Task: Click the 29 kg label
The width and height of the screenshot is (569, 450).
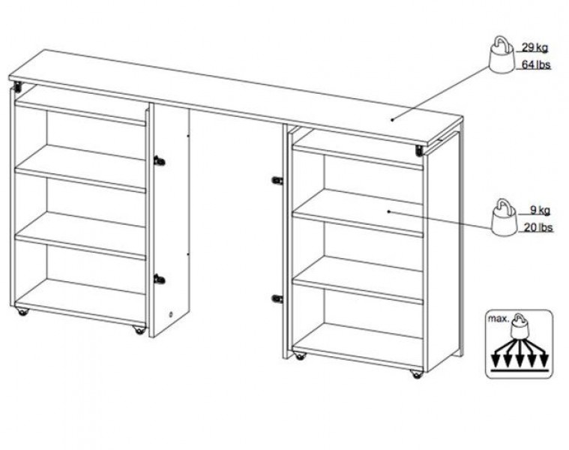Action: [x=535, y=47]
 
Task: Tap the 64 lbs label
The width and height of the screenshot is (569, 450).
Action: [x=536, y=65]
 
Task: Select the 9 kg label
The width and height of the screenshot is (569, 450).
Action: [x=540, y=210]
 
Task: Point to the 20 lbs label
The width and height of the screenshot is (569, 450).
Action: [x=538, y=227]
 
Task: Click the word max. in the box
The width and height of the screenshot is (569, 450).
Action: [x=499, y=319]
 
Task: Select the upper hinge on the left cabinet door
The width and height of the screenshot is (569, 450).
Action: [x=159, y=160]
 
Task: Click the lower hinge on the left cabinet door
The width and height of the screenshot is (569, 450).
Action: [x=159, y=280]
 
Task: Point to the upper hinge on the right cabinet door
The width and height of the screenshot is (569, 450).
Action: [x=277, y=180]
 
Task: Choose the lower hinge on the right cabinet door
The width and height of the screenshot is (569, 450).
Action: [x=277, y=299]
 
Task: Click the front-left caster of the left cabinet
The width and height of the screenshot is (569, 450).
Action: [x=22, y=312]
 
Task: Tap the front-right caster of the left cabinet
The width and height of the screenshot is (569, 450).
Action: [x=139, y=330]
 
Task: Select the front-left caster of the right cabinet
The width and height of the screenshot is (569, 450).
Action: [x=300, y=356]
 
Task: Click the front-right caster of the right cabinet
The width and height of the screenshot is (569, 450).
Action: [x=417, y=374]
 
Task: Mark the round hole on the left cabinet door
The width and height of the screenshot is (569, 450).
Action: [x=171, y=314]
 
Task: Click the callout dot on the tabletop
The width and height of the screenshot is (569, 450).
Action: [x=392, y=119]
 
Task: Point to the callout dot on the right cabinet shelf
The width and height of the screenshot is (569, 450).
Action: [x=388, y=211]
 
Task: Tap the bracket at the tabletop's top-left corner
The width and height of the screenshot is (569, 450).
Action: [x=17, y=87]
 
